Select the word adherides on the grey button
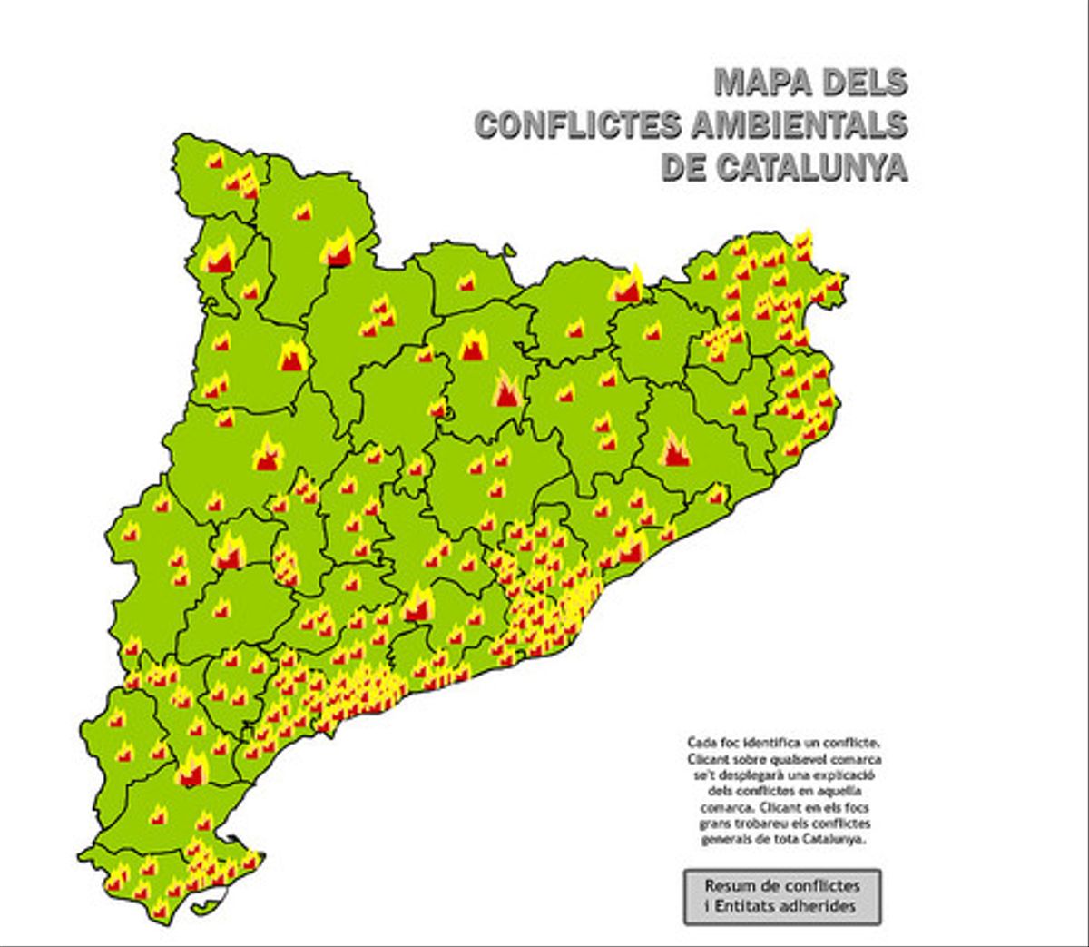pyautogui.click(x=821, y=906)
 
